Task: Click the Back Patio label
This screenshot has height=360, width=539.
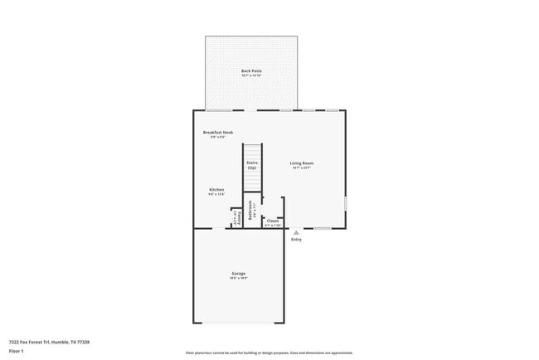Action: [x=251, y=71]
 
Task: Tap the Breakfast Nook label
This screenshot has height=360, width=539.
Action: [x=217, y=132]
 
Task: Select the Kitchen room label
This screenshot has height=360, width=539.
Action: [x=216, y=189]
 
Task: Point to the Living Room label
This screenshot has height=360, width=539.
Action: [x=301, y=163]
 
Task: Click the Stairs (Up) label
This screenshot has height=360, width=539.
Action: [x=251, y=165]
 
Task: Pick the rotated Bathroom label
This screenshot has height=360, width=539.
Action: [x=250, y=212]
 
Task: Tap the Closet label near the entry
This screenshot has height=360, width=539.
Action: [x=273, y=221]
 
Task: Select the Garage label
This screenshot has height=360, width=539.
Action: [x=238, y=273]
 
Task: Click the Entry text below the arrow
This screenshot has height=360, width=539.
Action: [x=296, y=240]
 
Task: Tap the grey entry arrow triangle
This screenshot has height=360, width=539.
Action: [x=296, y=233]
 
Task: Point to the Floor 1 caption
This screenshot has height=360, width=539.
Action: [x=17, y=351]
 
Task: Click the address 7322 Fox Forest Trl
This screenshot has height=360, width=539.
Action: [x=49, y=342]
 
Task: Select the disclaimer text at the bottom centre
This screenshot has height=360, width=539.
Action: [x=269, y=353]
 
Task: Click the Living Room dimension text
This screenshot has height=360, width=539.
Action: [x=301, y=168]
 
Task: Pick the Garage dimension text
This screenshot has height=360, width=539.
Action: [x=238, y=279]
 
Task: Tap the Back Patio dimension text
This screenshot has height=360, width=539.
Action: [x=251, y=76]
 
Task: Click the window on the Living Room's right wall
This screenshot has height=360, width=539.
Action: [x=346, y=204]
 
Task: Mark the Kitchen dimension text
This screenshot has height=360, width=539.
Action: [x=216, y=194]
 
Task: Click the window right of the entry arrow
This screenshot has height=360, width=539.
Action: [x=322, y=228]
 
